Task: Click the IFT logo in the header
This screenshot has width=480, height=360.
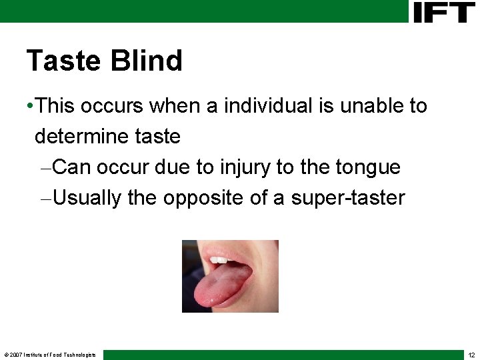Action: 443,12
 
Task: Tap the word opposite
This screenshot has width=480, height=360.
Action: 203,199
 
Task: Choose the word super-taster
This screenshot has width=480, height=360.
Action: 347,199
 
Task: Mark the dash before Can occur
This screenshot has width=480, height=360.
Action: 45,167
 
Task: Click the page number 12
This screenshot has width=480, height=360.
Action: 471,355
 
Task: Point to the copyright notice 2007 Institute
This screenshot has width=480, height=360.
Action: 50,355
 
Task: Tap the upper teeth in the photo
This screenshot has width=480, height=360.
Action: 221,259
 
